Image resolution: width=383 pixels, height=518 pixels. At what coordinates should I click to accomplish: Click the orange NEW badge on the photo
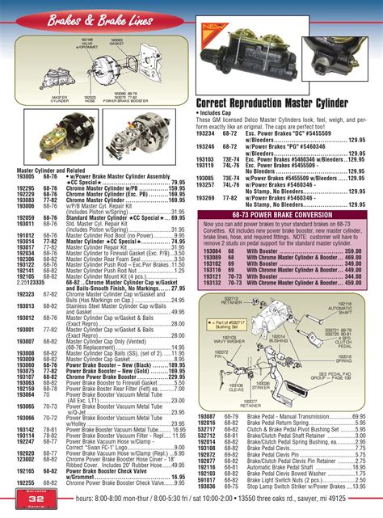[x=213, y=32]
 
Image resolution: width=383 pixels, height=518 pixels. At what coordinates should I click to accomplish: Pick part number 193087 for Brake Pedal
[x=207, y=415]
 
